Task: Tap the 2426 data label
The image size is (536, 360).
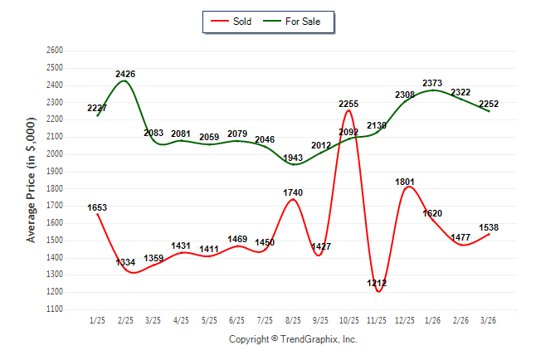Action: tap(126, 74)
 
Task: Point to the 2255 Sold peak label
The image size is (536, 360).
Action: tap(348, 104)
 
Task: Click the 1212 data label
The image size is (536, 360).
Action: tap(376, 284)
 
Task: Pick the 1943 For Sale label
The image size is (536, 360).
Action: tap(293, 158)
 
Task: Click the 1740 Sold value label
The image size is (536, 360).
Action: tap(293, 192)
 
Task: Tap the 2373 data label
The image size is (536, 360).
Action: tap(432, 83)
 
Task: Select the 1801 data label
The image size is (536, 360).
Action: tap(404, 182)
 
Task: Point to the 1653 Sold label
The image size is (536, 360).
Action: tap(96, 207)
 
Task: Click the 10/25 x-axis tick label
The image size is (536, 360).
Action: tap(348, 319)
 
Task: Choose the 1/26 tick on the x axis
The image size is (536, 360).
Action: tap(432, 319)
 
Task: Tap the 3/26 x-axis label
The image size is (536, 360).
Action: tap(489, 319)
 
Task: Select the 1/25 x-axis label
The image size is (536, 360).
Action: tap(97, 319)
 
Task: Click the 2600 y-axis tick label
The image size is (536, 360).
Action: tap(55, 51)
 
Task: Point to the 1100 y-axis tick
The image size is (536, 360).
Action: tap(55, 309)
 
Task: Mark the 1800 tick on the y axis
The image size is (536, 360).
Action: tap(55, 188)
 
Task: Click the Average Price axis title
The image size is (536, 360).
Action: tap(32, 180)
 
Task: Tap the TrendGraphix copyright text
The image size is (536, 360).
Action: tap(293, 340)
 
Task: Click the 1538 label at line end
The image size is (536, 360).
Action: tap(488, 226)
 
